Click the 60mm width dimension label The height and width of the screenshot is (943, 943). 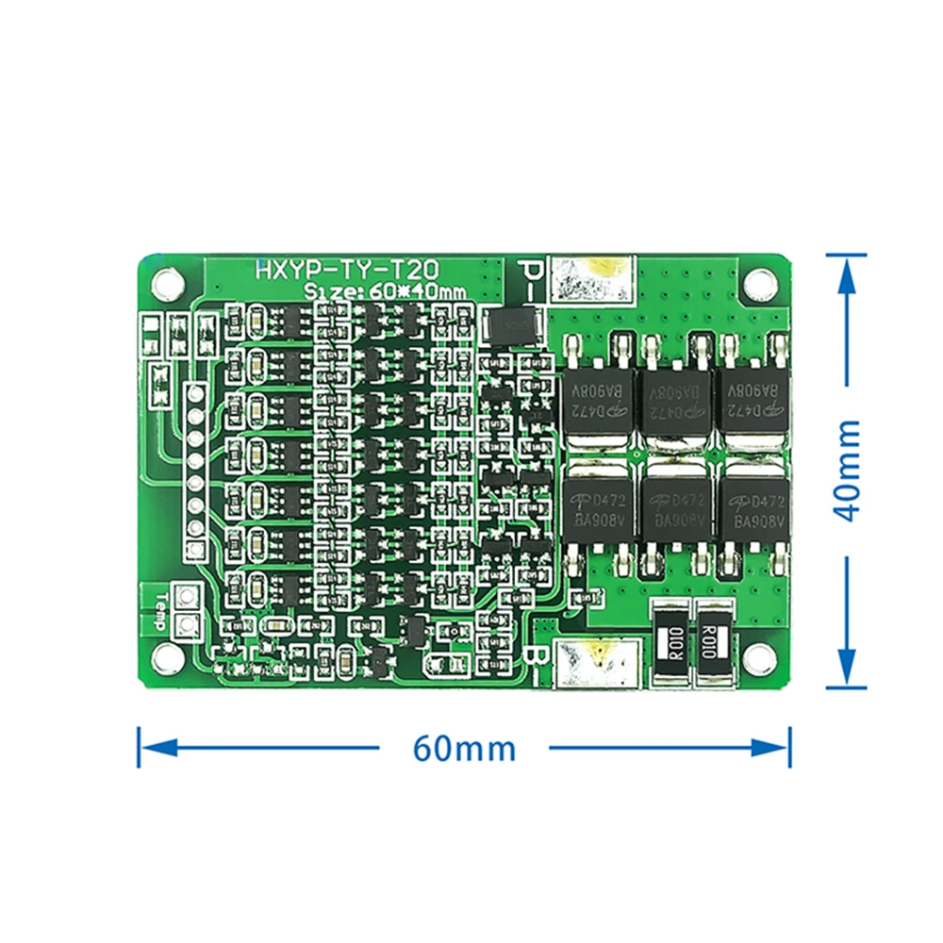point(464,749)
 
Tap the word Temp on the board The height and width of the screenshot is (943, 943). point(160,611)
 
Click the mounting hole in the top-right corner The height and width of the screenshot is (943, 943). point(758,282)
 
